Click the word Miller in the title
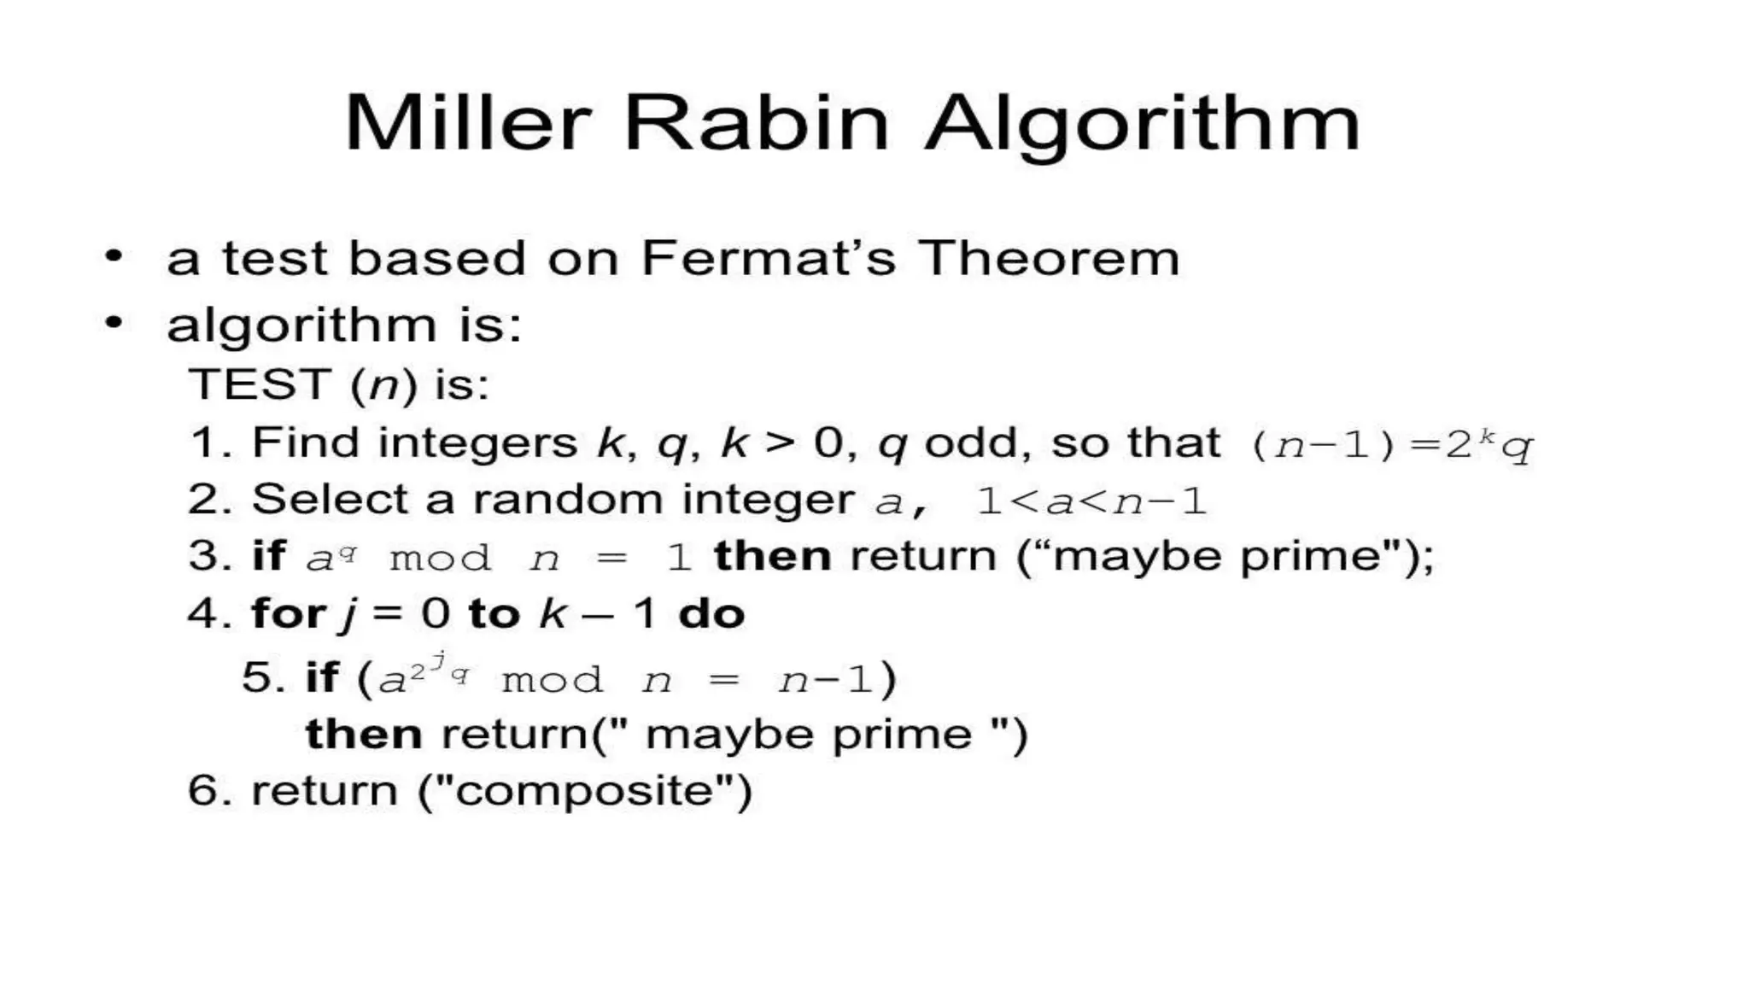point(468,123)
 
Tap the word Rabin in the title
point(757,123)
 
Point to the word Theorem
point(1049,257)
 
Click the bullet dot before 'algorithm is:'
point(114,323)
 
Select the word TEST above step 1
point(260,384)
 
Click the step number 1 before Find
point(206,442)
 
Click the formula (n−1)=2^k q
point(1391,445)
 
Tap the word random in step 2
point(567,499)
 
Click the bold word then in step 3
point(772,557)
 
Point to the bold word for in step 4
point(288,613)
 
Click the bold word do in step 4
point(711,613)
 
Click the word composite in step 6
point(584,790)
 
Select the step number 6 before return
point(204,790)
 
